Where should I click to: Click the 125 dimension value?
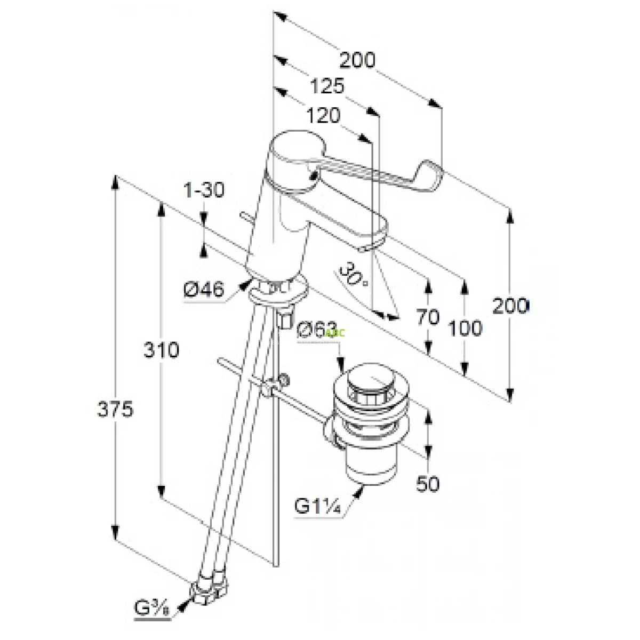(327, 86)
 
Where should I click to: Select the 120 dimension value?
(324, 115)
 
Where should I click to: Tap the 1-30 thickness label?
(204, 190)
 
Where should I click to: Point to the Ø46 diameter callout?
(203, 291)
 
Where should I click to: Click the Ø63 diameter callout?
(317, 330)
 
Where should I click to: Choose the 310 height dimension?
(161, 350)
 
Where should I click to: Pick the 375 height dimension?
(115, 410)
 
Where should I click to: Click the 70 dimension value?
(428, 317)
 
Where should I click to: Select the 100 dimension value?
(465, 328)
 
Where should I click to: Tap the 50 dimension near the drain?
(428, 484)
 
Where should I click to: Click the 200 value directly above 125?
(357, 60)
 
